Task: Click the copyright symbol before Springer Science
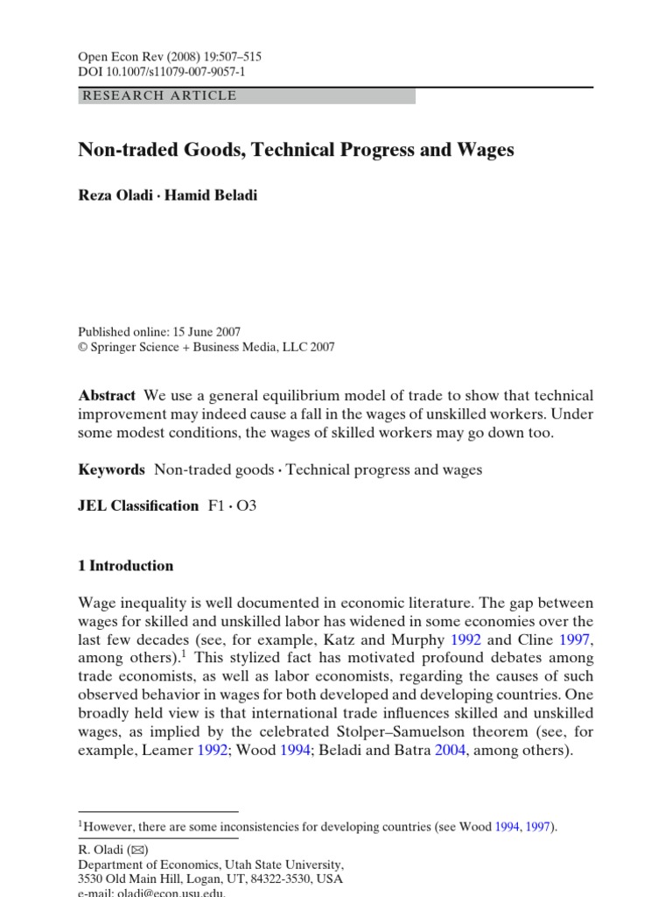tap(83, 347)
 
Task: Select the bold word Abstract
tap(107, 396)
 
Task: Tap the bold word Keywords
tap(112, 470)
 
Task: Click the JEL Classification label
tap(138, 505)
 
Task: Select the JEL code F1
tap(215, 505)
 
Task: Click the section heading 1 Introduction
tap(126, 566)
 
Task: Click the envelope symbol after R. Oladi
tap(138, 849)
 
